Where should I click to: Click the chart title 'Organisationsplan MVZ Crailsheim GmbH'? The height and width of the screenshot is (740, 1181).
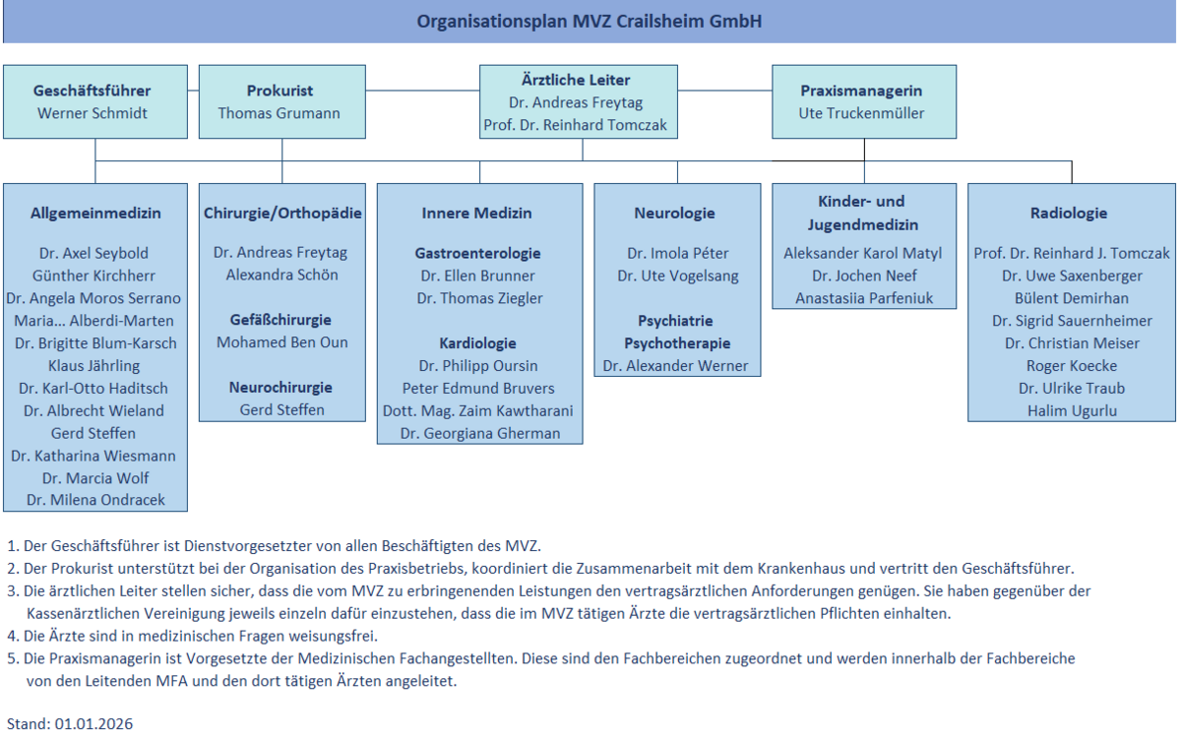(590, 21)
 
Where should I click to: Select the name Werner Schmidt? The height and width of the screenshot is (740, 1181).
(93, 113)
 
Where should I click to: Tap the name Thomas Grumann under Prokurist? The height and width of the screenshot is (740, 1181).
(279, 113)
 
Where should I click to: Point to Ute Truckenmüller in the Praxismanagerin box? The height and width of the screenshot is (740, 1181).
(862, 113)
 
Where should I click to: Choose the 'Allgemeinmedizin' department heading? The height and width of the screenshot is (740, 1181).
(95, 213)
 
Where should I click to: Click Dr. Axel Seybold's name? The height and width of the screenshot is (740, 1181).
(94, 253)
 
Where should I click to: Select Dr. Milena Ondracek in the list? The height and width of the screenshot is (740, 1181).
(94, 500)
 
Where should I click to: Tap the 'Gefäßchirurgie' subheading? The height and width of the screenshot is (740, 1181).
(282, 320)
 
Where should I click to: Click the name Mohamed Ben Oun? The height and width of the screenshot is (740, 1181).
(282, 342)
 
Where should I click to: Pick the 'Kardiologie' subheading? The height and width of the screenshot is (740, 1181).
(477, 343)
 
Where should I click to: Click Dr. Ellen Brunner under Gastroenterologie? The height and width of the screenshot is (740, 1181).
(477, 276)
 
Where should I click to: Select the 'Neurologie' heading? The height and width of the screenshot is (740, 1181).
(674, 213)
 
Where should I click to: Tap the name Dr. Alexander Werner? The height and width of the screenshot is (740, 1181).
(675, 366)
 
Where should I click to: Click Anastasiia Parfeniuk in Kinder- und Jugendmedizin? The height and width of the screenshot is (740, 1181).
(863, 298)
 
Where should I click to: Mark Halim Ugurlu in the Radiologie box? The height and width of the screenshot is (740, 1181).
(1072, 410)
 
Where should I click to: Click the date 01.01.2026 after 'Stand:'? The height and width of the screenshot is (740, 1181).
(93, 723)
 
